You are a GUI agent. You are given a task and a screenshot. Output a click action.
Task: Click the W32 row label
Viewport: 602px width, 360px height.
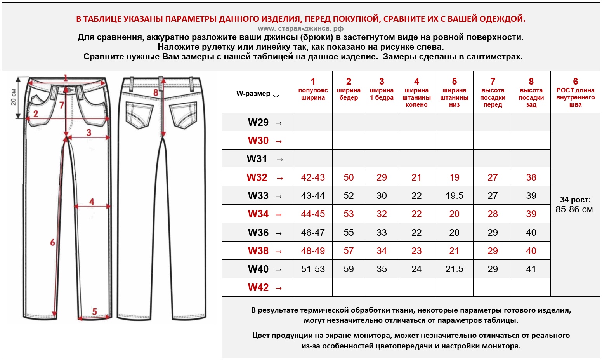(x=257, y=177)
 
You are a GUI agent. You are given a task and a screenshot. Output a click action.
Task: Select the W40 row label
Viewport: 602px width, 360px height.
(x=258, y=269)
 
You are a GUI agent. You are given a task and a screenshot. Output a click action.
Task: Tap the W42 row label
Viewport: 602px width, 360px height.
(x=258, y=287)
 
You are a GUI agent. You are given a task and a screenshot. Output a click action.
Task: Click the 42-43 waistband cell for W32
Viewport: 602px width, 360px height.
(x=313, y=177)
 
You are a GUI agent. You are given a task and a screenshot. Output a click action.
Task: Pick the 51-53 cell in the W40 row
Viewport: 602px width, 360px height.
(x=313, y=269)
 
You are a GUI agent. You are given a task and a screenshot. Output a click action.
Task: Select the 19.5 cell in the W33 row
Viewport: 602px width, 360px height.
(x=454, y=196)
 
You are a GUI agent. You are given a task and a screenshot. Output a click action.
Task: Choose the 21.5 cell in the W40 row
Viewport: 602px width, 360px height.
(x=454, y=269)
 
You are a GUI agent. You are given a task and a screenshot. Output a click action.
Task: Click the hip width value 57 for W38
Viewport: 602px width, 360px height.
(x=349, y=251)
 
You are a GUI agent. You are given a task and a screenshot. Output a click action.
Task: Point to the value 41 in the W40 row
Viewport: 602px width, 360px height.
(x=531, y=269)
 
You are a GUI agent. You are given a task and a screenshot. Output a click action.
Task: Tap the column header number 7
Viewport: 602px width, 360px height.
(x=493, y=82)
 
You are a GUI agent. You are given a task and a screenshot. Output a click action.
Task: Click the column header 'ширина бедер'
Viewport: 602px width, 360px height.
(x=349, y=94)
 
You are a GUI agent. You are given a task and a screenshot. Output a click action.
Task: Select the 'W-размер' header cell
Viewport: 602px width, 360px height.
(x=258, y=94)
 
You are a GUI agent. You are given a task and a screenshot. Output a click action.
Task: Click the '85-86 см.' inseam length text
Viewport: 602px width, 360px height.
(x=575, y=210)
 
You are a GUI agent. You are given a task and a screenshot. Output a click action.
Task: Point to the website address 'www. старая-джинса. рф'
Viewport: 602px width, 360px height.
(x=300, y=28)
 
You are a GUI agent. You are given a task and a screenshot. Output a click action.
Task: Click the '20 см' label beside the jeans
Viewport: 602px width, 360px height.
(x=13, y=97)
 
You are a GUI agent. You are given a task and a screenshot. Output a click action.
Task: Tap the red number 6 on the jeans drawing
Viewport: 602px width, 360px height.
(x=52, y=243)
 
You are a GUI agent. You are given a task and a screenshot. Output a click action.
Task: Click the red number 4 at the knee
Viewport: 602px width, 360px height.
(x=92, y=202)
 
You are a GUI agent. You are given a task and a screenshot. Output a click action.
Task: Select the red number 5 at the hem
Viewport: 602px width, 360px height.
(x=94, y=311)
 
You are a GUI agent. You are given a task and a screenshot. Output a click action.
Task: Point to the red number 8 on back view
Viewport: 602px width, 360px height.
(x=156, y=93)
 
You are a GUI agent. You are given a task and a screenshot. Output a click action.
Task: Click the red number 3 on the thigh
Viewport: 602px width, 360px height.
(x=89, y=132)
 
